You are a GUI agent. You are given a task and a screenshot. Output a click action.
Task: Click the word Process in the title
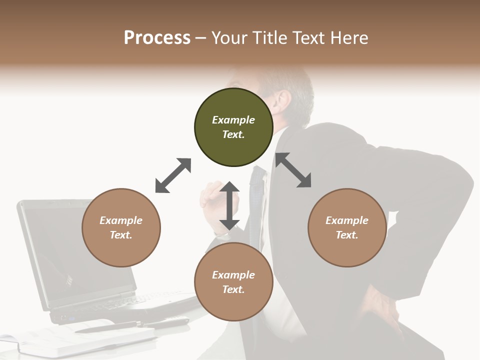(157, 38)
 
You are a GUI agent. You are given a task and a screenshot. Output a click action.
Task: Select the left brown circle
(121, 227)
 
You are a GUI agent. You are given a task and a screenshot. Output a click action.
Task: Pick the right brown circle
(347, 227)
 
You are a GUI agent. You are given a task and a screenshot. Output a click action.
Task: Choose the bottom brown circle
(233, 282)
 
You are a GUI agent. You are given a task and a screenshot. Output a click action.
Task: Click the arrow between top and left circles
(173, 175)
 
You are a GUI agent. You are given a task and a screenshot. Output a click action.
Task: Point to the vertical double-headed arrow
(229, 205)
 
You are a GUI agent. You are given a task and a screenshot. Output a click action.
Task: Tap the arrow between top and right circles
(293, 170)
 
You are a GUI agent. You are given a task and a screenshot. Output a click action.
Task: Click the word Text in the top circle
(233, 134)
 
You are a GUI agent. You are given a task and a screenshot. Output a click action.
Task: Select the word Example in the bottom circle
(233, 275)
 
